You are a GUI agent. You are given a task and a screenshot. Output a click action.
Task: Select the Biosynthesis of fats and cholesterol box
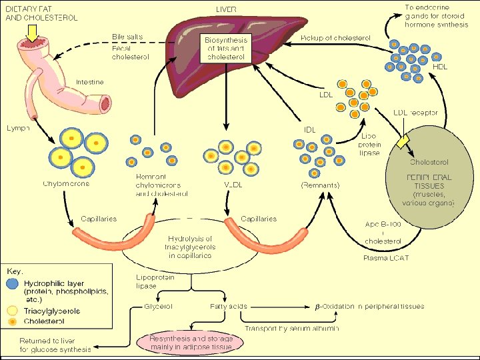pyautogui.click(x=225, y=49)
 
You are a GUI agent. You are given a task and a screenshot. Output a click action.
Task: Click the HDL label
pyautogui.click(x=441, y=67)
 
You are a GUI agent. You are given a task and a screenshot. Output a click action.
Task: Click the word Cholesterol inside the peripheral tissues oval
pyautogui.click(x=429, y=162)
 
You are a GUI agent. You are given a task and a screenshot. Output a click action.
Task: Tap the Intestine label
pyautogui.click(x=89, y=82)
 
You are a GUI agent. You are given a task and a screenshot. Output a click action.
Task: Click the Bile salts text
pyautogui.click(x=127, y=36)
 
